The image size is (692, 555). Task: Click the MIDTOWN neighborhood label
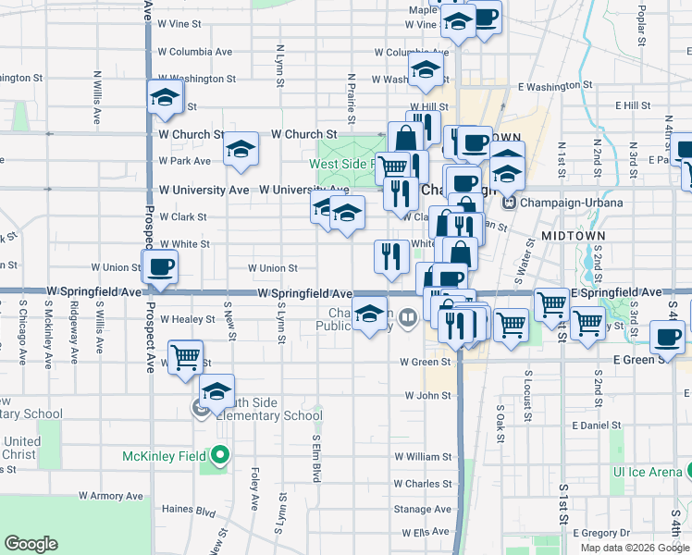tap(574, 236)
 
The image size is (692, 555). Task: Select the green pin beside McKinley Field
tap(219, 456)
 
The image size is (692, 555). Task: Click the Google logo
tap(31, 544)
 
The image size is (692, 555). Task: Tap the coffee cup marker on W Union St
tap(159, 267)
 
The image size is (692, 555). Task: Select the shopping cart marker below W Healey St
tap(186, 356)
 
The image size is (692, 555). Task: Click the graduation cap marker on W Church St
tap(241, 148)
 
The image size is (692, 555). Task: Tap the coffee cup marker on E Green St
tap(668, 339)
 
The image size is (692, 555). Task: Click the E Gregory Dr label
tap(601, 533)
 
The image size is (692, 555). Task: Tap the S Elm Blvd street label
tap(315, 458)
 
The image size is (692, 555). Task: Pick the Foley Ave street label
tap(254, 489)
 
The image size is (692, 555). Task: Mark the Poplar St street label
tap(641, 15)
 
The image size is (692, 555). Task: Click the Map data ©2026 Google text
tap(635, 548)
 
